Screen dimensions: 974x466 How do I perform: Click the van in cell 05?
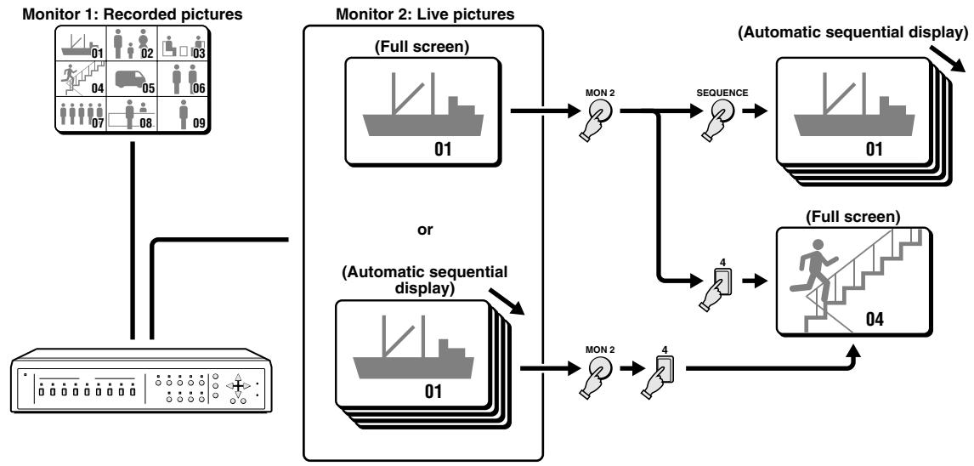pos(128,79)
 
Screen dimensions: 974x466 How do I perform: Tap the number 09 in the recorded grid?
pos(199,123)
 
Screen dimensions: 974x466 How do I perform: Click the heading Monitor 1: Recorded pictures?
pos(133,14)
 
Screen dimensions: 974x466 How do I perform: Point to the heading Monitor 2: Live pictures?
pos(425,14)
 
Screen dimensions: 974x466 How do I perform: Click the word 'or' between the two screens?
pos(425,230)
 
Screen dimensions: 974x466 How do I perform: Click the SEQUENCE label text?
pos(722,93)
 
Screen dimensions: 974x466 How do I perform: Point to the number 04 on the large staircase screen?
pos(880,320)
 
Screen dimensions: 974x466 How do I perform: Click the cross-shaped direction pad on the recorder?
pos(237,385)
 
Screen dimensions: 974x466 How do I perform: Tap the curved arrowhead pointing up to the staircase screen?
pos(854,350)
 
